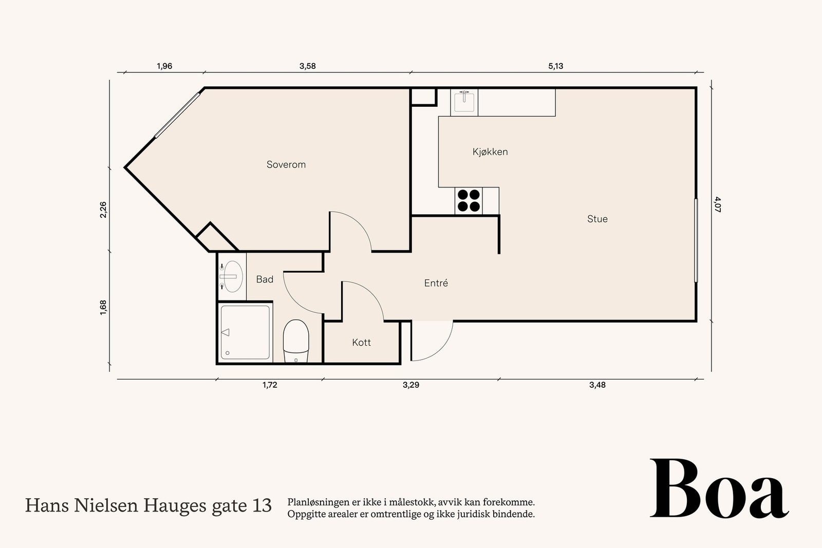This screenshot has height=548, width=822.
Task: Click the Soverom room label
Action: click(x=286, y=164)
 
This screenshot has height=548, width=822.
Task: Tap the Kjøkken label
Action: click(x=490, y=152)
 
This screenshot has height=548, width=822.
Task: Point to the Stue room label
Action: click(x=597, y=219)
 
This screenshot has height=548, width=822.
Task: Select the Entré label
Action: click(x=436, y=283)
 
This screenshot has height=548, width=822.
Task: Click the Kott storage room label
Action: click(x=361, y=342)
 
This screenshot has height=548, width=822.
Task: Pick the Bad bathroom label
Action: click(x=265, y=279)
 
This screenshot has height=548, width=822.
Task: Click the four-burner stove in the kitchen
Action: click(x=469, y=201)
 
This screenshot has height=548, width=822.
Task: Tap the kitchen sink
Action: click(x=464, y=102)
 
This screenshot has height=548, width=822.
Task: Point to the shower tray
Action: click(x=245, y=332)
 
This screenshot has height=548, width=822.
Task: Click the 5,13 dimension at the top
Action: click(x=555, y=66)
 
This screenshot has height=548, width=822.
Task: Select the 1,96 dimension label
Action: click(x=164, y=66)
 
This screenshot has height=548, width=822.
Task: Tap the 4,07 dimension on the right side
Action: click(x=718, y=205)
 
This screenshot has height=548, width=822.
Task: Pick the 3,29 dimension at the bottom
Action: click(x=411, y=385)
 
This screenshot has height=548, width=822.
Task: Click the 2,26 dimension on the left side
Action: click(x=103, y=210)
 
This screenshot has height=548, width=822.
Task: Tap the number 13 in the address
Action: click(x=262, y=505)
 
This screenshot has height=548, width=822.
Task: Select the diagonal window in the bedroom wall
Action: click(x=177, y=115)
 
